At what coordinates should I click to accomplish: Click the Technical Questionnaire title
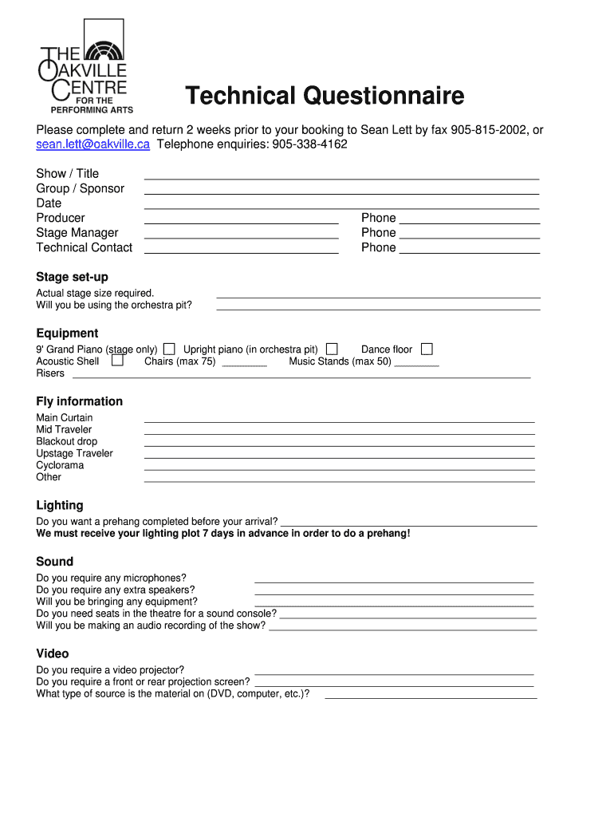tap(325, 97)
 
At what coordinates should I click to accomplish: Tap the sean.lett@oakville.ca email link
tap(92, 144)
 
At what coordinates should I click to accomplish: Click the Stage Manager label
tap(77, 233)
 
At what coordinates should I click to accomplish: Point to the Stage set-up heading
tap(72, 277)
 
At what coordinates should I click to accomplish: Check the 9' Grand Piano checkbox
tap(169, 349)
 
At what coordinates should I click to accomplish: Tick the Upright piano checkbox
tap(332, 349)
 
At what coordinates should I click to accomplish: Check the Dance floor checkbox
tap(427, 349)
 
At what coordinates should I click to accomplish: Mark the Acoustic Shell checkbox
tap(117, 361)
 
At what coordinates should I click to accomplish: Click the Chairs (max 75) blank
tap(244, 364)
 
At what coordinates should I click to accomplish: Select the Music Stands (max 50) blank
tap(416, 364)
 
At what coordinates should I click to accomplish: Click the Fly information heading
tap(79, 401)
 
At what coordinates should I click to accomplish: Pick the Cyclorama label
tap(60, 465)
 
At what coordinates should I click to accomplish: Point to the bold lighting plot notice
tap(223, 533)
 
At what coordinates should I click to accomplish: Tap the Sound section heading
tap(54, 562)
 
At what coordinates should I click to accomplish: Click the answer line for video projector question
tap(394, 673)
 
